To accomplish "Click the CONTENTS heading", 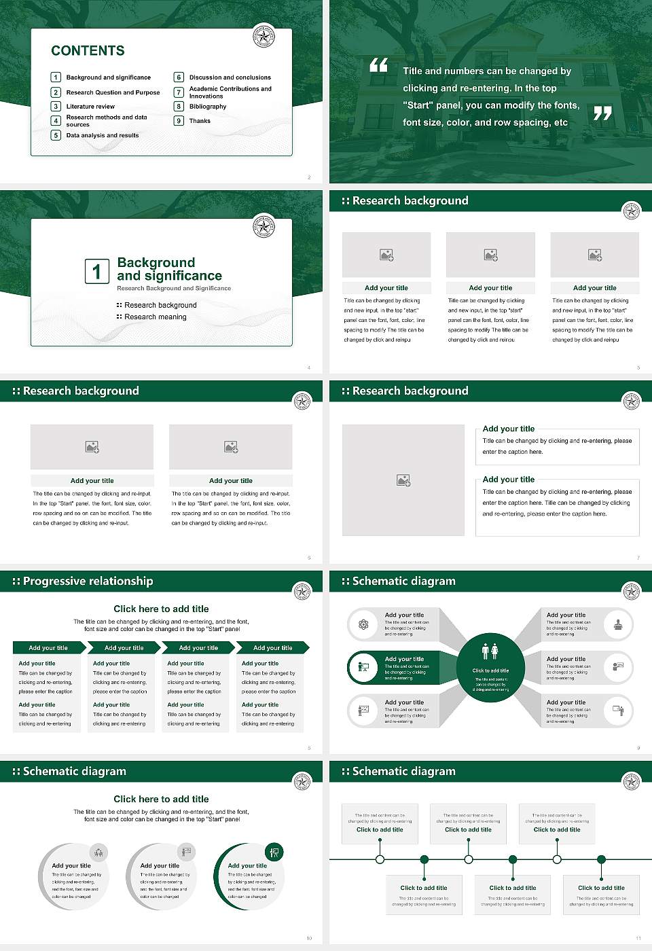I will coord(88,51).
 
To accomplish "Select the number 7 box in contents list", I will coord(179,92).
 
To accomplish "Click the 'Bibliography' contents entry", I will coord(207,107).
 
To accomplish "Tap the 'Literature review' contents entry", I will coord(90,107).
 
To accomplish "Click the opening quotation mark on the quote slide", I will coord(378,65).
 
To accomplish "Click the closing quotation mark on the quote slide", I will coord(602,113).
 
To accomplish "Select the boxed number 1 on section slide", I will coord(96,271).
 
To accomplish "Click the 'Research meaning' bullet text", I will coord(155,317).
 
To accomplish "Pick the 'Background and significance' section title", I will coord(169,269).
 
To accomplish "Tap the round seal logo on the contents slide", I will coord(264,37).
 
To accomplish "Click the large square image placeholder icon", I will coord(403,480).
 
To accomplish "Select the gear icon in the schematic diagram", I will coord(363,624).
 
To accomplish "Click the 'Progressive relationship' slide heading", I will coord(88,581).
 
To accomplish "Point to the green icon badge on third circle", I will coord(274,852).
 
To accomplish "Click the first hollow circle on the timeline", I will coord(380,859).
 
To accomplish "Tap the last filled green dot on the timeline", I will coord(601,859).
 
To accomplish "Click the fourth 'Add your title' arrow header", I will coord(273,647).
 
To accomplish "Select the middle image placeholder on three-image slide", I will coord(490,255).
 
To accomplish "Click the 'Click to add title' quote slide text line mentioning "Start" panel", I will coord(490,105).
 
